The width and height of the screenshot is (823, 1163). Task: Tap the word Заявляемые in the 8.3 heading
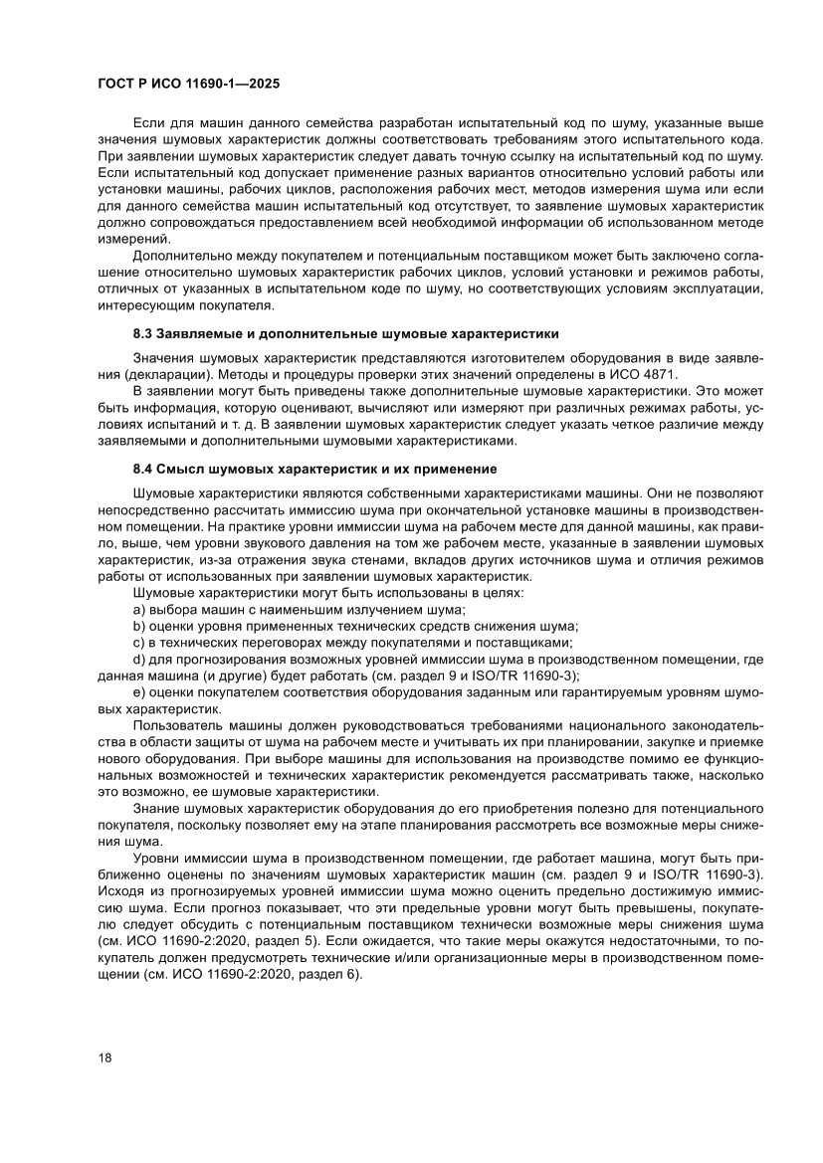[207, 332]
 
